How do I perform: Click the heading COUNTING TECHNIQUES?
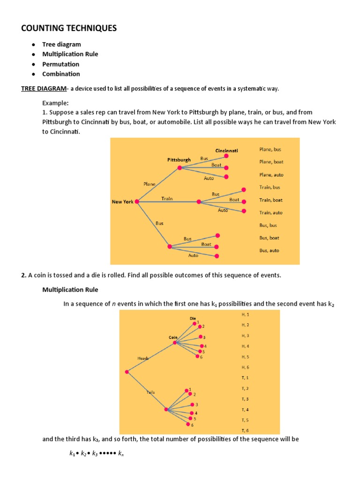(69, 29)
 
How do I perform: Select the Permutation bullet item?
(61, 64)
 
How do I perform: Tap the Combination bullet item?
(61, 74)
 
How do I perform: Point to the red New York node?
(137, 202)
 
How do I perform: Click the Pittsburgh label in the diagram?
(179, 160)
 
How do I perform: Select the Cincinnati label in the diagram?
(226, 150)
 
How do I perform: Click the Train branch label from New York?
(167, 199)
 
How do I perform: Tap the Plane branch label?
(150, 184)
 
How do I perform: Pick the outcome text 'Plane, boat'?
(271, 162)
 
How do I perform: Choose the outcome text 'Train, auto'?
(271, 213)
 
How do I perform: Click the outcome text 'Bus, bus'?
(268, 225)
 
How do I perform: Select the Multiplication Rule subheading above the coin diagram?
(70, 290)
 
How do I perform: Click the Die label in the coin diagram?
(192, 318)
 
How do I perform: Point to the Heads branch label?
(143, 359)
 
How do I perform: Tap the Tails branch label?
(150, 392)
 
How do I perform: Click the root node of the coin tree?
(127, 372)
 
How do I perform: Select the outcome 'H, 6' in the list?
(245, 367)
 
